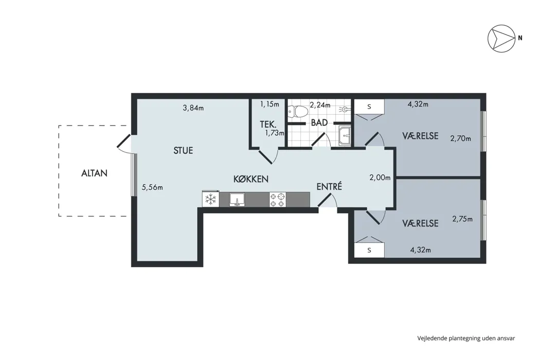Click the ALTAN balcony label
(94, 173)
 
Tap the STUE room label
(183, 151)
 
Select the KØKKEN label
(251, 179)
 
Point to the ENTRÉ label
(329, 186)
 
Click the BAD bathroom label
(319, 122)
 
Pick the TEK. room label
(268, 124)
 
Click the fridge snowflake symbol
(211, 199)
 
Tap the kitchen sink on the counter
(237, 200)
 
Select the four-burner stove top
(278, 200)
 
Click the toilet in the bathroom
(298, 111)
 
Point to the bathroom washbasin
(345, 136)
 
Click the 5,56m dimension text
(152, 187)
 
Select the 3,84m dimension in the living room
(193, 108)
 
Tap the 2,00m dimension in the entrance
(380, 177)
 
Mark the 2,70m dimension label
(460, 138)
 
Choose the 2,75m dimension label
(462, 219)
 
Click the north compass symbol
(501, 39)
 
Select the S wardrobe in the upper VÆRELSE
(369, 107)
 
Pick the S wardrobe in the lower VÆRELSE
(369, 250)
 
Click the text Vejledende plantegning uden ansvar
(466, 338)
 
